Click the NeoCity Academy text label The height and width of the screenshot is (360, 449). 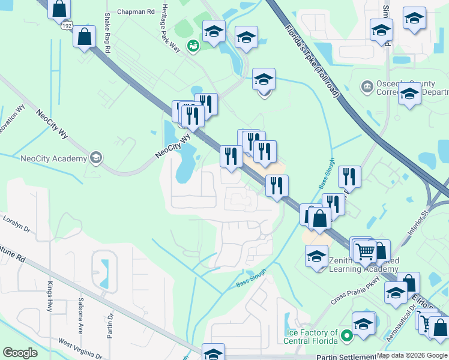coord(53,158)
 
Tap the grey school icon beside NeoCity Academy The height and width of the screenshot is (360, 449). coord(95,158)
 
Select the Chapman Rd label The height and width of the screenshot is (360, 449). coord(136,11)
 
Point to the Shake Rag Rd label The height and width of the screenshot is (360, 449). coord(107,34)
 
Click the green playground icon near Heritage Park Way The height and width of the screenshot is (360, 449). coord(193,46)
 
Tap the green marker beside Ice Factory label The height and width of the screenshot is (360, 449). coord(346,337)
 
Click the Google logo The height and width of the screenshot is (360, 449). coord(20,353)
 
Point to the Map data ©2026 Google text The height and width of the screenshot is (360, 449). coord(411,355)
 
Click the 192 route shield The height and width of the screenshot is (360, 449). coord(65,26)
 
